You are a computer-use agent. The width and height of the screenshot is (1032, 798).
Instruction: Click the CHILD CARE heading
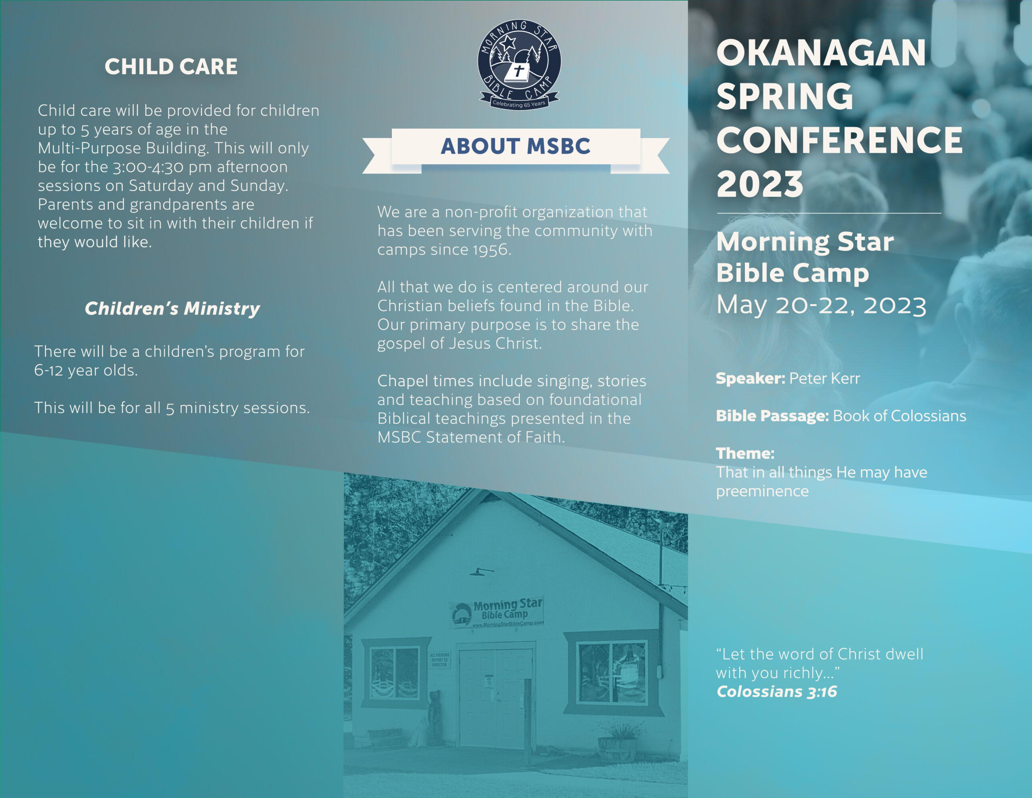171,67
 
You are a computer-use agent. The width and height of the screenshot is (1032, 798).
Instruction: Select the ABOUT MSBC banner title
516,146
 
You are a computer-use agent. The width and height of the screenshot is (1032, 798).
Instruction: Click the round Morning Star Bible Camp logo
519,64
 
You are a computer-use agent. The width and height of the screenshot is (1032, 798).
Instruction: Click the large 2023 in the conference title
760,184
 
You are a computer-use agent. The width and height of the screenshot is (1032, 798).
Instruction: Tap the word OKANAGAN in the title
821,53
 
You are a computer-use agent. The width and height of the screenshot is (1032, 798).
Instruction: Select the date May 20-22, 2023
821,305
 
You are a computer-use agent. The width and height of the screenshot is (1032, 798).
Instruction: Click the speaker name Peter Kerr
824,378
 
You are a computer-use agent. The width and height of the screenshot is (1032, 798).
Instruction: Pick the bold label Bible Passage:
772,416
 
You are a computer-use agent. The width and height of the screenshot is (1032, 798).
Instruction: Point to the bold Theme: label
745,453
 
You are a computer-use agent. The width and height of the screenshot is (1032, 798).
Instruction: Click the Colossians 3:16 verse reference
777,691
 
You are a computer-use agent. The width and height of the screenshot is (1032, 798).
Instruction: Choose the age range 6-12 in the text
49,370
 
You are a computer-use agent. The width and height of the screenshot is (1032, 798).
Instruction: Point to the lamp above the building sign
481,572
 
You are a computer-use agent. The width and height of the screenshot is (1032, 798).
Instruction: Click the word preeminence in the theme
762,491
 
